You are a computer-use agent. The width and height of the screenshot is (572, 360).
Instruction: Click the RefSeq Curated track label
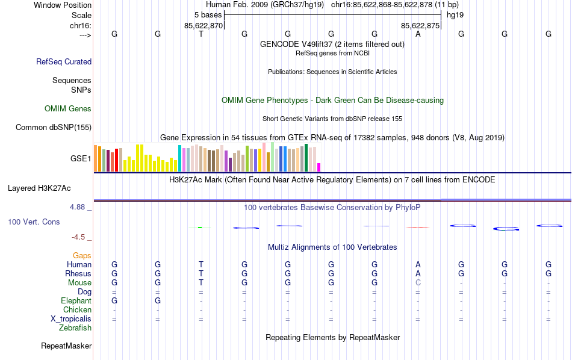[64, 61]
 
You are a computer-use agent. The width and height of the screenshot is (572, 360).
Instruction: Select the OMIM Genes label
[68, 109]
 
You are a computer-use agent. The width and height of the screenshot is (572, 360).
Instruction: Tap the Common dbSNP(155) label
[54, 127]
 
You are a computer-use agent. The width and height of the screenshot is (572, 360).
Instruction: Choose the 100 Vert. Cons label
[34, 222]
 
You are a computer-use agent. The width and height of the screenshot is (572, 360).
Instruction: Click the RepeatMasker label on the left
[66, 346]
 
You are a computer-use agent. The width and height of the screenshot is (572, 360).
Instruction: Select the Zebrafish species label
[75, 328]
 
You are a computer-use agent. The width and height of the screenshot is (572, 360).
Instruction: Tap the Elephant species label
[76, 300]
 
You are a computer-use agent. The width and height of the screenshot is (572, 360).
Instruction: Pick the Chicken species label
[77, 309]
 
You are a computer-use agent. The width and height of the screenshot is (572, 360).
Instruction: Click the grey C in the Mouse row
[418, 282]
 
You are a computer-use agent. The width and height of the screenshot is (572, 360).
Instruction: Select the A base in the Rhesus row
[418, 273]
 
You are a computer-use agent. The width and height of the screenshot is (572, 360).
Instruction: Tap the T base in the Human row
[201, 264]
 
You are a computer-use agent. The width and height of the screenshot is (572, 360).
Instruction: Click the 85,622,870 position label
[204, 25]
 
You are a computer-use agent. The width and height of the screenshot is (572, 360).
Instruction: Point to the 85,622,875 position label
[420, 25]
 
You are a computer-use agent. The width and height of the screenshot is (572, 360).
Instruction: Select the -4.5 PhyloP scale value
[79, 237]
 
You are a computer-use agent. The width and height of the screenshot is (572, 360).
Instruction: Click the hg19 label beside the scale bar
[455, 14]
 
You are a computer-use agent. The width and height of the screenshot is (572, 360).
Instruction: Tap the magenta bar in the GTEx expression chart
[319, 167]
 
